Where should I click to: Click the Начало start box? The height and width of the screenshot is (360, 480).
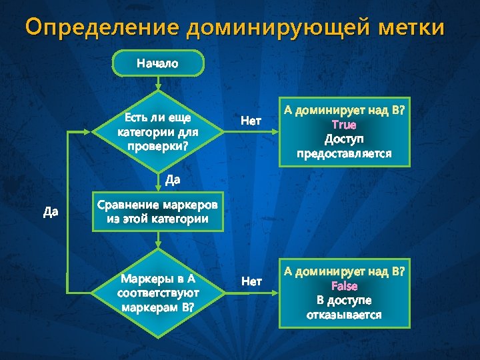pyautogui.click(x=157, y=64)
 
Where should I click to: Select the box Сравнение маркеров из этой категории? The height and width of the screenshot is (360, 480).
pyautogui.click(x=157, y=211)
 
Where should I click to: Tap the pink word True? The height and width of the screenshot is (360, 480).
pyautogui.click(x=344, y=125)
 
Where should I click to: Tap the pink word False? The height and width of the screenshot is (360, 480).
pyautogui.click(x=344, y=286)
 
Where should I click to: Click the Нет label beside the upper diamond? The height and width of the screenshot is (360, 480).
pyautogui.click(x=251, y=121)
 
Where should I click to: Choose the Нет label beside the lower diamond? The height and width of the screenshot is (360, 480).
pyautogui.click(x=251, y=281)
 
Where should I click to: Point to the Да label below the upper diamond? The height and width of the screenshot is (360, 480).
pyautogui.click(x=173, y=179)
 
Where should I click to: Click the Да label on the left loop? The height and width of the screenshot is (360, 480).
pyautogui.click(x=51, y=212)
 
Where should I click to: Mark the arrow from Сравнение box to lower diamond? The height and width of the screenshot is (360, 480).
pyautogui.click(x=157, y=240)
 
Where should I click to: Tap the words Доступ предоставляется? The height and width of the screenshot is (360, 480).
pyautogui.click(x=344, y=146)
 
